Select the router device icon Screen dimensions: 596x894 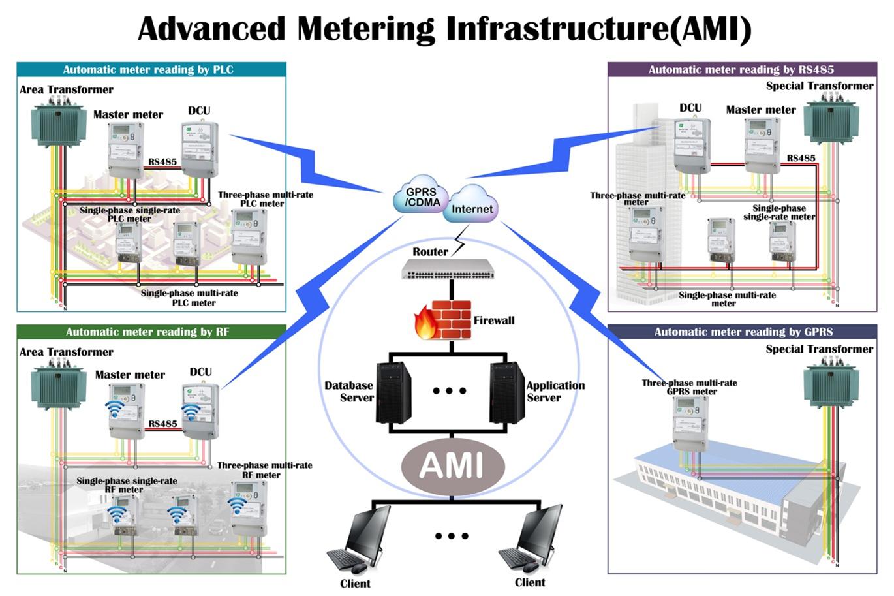point(448,268)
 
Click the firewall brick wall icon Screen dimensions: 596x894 point(443,320)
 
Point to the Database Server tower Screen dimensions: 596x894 point(393,392)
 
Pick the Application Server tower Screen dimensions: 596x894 point(507,392)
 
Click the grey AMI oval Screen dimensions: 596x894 point(452,465)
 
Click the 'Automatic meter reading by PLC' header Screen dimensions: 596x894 point(151,70)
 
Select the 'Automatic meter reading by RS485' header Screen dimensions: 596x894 point(741,70)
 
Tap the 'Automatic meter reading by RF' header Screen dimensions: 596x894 point(151,332)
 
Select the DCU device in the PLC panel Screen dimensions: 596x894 point(199,149)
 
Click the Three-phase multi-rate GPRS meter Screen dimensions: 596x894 point(690,423)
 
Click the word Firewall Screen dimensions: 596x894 point(494,321)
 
